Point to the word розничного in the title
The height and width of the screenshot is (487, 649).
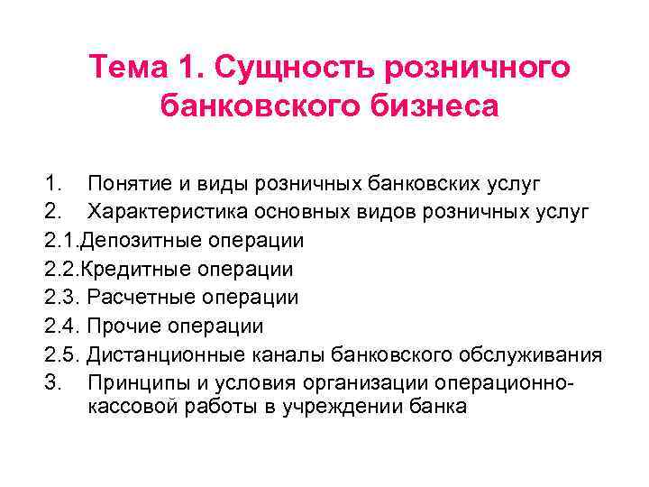click(x=477, y=69)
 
